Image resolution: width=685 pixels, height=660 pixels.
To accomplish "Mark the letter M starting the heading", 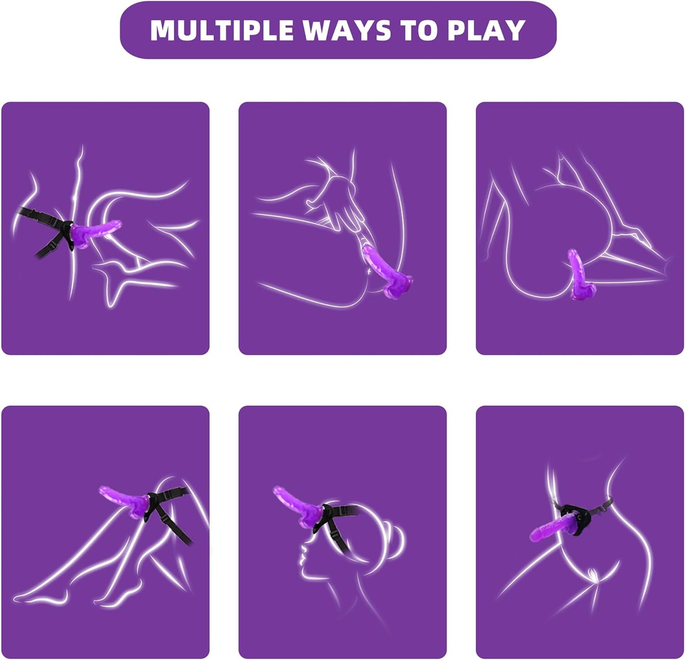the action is point(164,30).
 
